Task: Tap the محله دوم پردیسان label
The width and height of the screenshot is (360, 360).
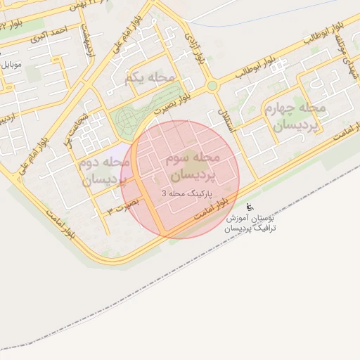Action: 102,171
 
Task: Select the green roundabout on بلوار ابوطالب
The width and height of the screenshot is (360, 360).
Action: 212,86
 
